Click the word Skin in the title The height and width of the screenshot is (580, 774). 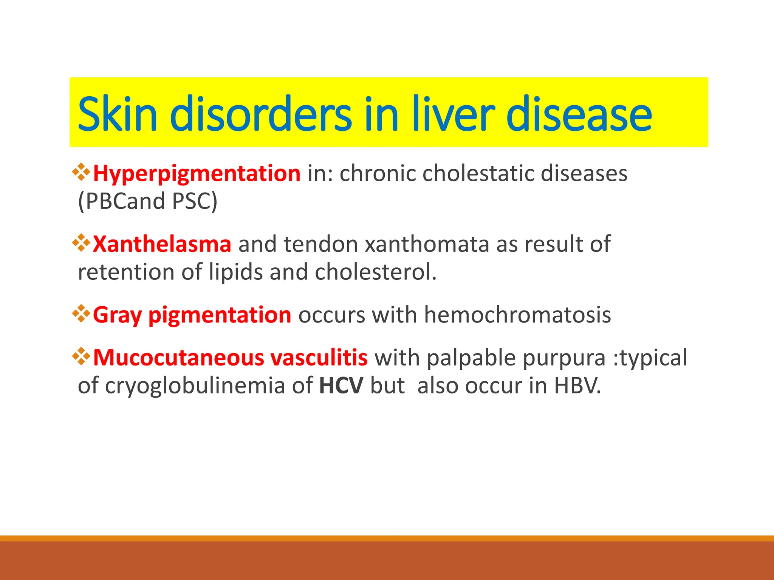pos(117,114)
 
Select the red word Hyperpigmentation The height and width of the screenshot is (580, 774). pos(197,174)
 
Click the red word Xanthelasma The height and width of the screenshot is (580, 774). pos(162,244)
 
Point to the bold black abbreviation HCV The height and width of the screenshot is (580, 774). pos(341,386)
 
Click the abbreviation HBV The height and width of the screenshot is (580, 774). pos(577,386)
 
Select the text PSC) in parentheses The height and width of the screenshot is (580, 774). pos(195,201)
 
